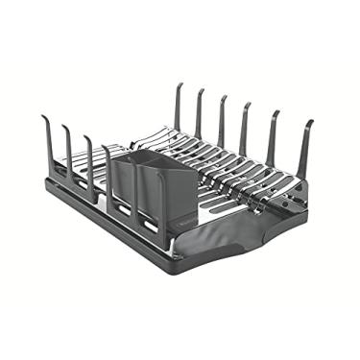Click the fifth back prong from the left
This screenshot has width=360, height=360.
(274, 135)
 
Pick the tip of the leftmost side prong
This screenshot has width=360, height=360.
(42, 118)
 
